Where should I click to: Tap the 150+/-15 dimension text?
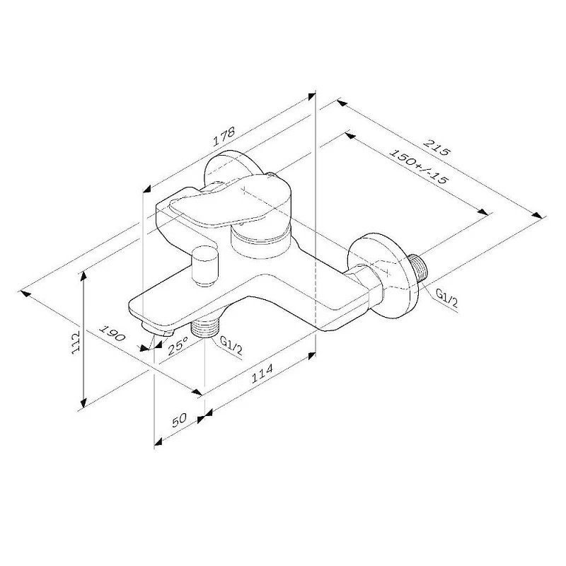pyautogui.click(x=420, y=167)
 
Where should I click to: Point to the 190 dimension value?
pyautogui.click(x=111, y=333)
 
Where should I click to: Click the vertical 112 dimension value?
pyautogui.click(x=76, y=345)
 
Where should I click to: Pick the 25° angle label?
pyautogui.click(x=178, y=346)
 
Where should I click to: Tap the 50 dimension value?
pyautogui.click(x=179, y=420)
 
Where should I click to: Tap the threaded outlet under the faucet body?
pyautogui.click(x=206, y=327)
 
